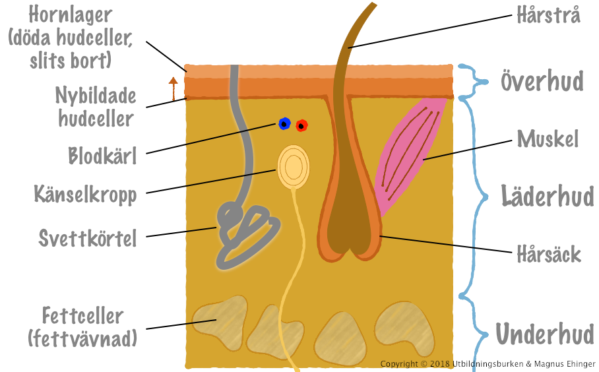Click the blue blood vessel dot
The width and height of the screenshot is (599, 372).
[x=284, y=123]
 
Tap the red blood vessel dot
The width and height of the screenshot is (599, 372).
[x=301, y=125]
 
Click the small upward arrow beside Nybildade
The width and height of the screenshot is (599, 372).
[x=173, y=88]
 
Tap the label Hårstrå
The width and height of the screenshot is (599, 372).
[x=549, y=15]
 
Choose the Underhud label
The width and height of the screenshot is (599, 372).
[x=545, y=334]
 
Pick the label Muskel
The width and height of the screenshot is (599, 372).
[x=548, y=139]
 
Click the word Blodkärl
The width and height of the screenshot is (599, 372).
[x=102, y=156]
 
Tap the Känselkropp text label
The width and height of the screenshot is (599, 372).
[x=85, y=195]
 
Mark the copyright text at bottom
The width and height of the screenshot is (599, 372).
[x=488, y=364]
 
